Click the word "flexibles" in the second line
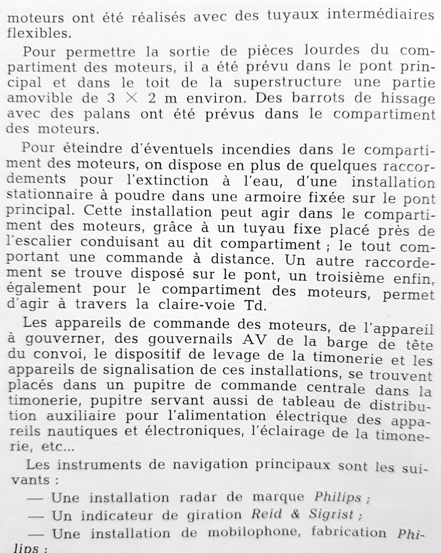pyautogui.click(x=38, y=33)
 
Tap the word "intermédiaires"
pyautogui.click(x=380, y=15)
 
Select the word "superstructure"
pyautogui.click(x=287, y=83)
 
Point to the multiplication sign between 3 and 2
pyautogui.click(x=132, y=98)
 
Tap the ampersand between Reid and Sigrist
pyautogui.click(x=295, y=514)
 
